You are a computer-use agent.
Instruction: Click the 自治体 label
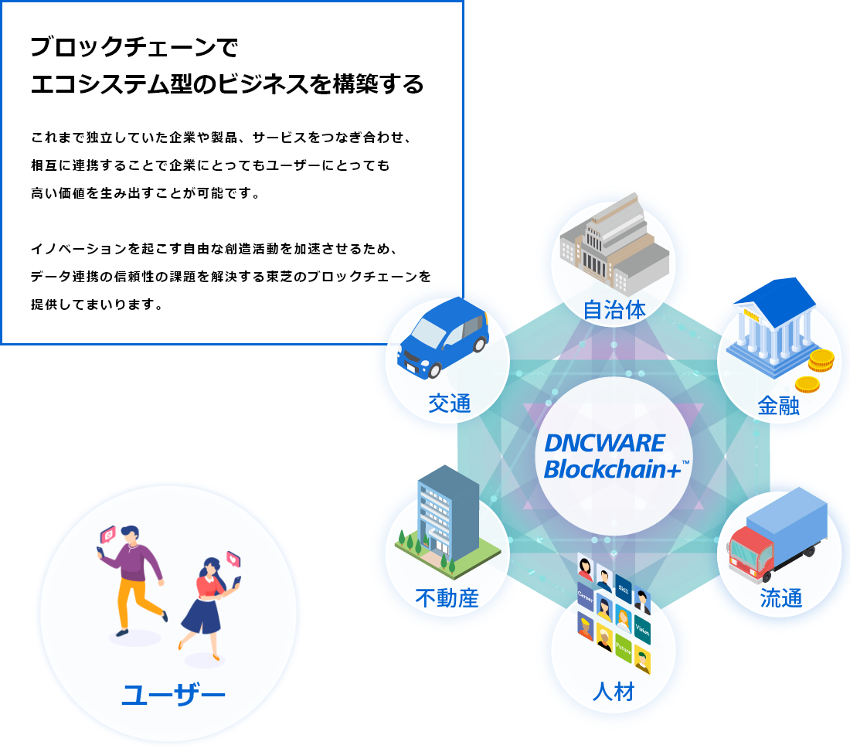(x=614, y=310)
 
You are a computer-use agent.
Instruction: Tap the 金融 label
(x=778, y=406)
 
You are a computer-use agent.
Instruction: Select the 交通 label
(x=449, y=403)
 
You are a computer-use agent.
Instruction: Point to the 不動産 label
(x=447, y=597)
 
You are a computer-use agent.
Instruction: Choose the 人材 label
(x=614, y=691)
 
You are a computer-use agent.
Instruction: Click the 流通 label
(x=781, y=597)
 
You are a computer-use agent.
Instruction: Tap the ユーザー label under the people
(x=173, y=696)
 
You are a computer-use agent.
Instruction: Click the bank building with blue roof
(x=773, y=325)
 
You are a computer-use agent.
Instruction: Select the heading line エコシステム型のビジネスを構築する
(x=227, y=83)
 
